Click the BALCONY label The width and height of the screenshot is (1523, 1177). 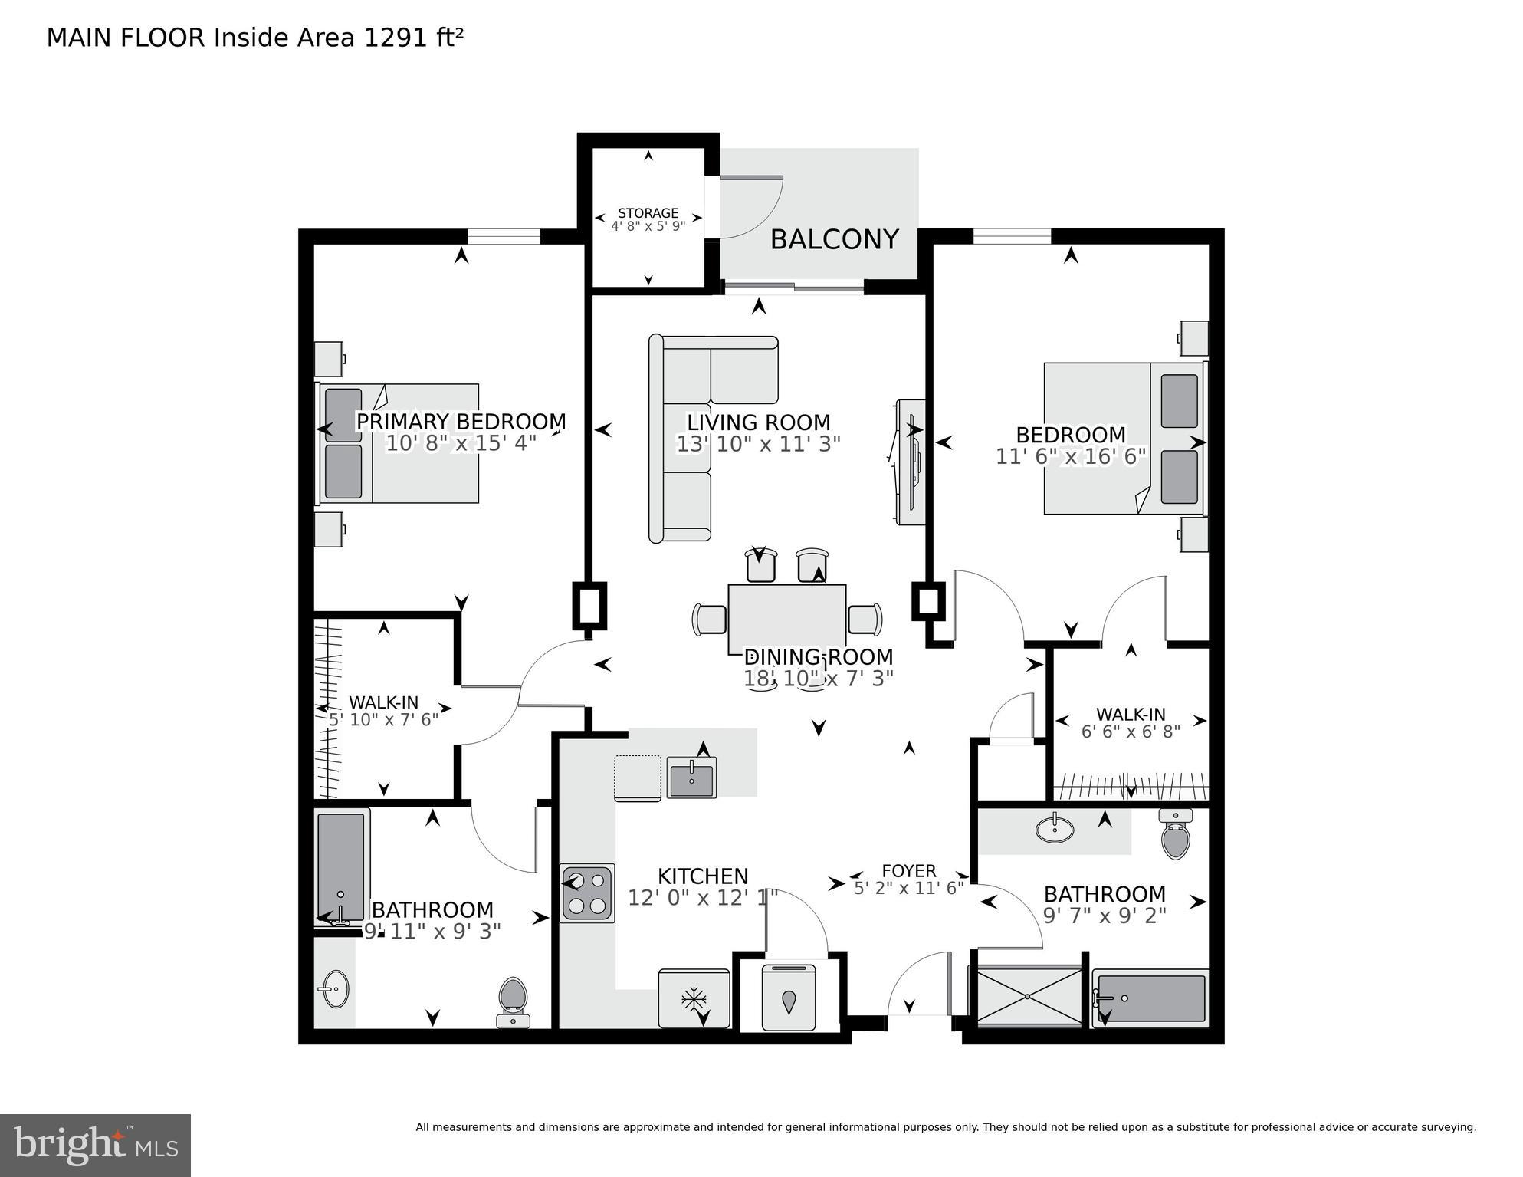pos(834,240)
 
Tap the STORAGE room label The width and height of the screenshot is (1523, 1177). pos(648,213)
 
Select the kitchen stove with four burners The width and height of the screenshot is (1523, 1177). pos(587,893)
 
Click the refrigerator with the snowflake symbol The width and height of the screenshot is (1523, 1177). pos(694,998)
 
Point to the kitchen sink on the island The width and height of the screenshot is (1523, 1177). pos(691,777)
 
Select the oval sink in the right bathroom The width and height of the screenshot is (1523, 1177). pos(1055,829)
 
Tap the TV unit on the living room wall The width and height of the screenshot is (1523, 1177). pos(910,462)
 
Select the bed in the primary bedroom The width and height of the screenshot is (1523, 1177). pos(399,444)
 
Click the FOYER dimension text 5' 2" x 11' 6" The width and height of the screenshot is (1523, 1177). pos(909,889)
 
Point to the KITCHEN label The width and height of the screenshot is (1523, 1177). pos(703,876)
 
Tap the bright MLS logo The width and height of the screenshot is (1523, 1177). pos(95,1146)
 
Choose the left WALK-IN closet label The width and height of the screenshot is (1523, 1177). pos(383,702)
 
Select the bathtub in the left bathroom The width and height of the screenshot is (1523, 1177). pos(341,866)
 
